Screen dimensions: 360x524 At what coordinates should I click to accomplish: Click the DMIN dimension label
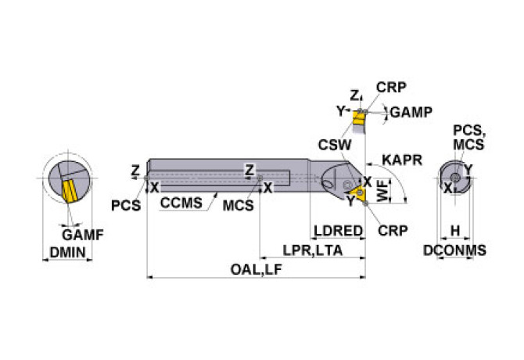pos(67,252)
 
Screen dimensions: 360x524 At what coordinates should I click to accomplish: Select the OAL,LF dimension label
pos(255,270)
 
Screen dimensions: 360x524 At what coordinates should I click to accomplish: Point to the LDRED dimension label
pos(337,232)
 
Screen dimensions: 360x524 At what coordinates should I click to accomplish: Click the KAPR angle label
pos(402,160)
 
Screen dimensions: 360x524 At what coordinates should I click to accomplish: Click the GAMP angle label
pos(411,112)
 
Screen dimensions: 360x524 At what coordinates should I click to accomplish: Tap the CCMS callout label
pos(181,203)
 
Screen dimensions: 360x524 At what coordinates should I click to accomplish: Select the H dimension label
pos(454,232)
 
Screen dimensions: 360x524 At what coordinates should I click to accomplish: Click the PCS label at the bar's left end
pos(125,205)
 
